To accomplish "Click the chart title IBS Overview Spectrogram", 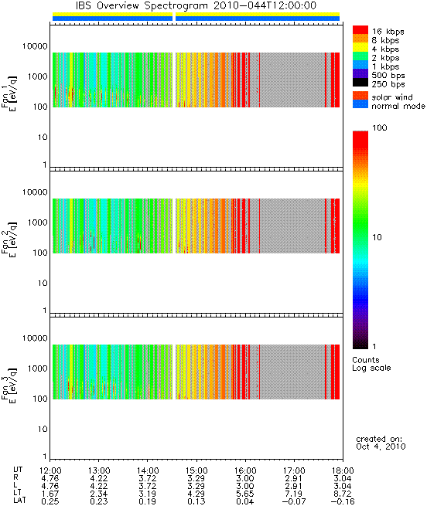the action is (x=142, y=6).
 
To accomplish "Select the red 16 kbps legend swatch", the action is (x=360, y=29).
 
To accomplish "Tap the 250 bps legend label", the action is (x=388, y=84).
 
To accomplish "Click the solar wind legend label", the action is (x=392, y=97).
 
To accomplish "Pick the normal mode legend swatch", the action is (x=360, y=104).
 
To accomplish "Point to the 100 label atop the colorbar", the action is (x=380, y=127).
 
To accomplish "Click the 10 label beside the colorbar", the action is (x=377, y=237).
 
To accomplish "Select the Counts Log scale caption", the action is (x=371, y=364).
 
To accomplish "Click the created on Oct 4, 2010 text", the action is (x=381, y=443).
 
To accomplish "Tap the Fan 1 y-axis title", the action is (x=9, y=93).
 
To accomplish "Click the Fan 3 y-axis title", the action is (x=9, y=385).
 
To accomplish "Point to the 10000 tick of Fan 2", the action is (x=35, y=192).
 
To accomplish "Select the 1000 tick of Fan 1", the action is (x=37, y=76).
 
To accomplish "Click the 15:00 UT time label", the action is (x=196, y=470).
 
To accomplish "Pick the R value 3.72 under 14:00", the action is (x=148, y=478).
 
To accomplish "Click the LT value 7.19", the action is (x=294, y=494).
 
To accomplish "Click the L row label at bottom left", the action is (x=15, y=486).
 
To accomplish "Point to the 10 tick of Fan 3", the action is (x=43, y=430).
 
